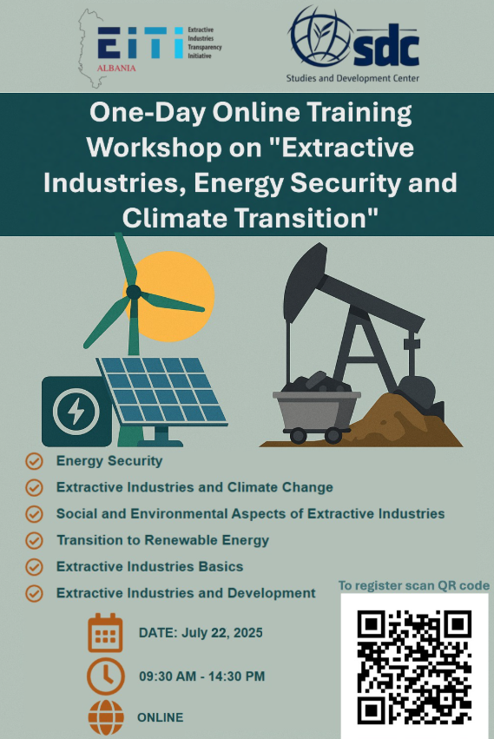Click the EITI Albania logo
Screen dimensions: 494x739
point(150,48)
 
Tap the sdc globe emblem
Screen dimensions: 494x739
point(321,36)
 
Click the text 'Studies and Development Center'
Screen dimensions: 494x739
point(352,78)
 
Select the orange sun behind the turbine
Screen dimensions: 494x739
point(175,296)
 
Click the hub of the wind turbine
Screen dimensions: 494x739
point(134,292)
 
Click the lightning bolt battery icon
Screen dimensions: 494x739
point(76,411)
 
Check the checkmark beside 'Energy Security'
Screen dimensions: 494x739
point(34,461)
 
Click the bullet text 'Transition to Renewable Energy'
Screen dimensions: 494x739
point(162,540)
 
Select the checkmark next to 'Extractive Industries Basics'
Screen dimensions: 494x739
point(34,567)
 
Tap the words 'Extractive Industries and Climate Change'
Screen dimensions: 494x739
point(194,487)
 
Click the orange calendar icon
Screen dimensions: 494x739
point(105,633)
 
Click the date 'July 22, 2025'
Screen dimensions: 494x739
point(222,632)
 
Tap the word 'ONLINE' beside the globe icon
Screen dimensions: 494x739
point(161,717)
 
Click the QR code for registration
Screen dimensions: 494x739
point(414,667)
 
